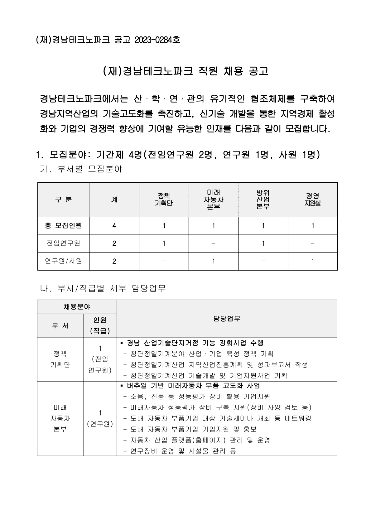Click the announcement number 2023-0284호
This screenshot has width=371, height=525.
pyautogui.click(x=157, y=40)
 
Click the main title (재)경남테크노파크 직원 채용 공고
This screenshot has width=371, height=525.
pyautogui.click(x=185, y=71)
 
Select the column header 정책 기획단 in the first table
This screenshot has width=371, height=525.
pyautogui.click(x=164, y=200)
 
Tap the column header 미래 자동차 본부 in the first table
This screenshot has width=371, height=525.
pyautogui.click(x=213, y=200)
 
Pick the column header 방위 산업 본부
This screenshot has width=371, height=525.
pyautogui.click(x=263, y=200)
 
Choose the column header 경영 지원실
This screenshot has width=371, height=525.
pyautogui.click(x=312, y=200)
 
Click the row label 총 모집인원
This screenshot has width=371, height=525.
pyautogui.click(x=64, y=225)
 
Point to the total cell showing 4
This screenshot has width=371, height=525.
pyautogui.click(x=114, y=226)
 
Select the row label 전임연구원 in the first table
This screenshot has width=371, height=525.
pyautogui.click(x=64, y=243)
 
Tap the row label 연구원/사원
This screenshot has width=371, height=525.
pyautogui.click(x=64, y=261)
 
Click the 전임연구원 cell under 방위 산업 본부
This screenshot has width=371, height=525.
pyautogui.click(x=263, y=243)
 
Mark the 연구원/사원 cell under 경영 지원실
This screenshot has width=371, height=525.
pyautogui.click(x=312, y=261)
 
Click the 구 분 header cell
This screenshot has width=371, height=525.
pyautogui.click(x=64, y=200)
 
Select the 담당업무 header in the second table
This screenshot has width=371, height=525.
pyautogui.click(x=227, y=318)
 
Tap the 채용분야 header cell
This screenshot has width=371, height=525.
pyautogui.click(x=77, y=307)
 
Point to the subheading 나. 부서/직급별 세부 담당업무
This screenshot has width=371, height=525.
pyautogui.click(x=103, y=288)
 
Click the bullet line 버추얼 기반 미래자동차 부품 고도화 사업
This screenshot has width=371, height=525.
pyautogui.click(x=193, y=386)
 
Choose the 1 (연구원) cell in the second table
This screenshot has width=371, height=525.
pyautogui.click(x=100, y=418)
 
